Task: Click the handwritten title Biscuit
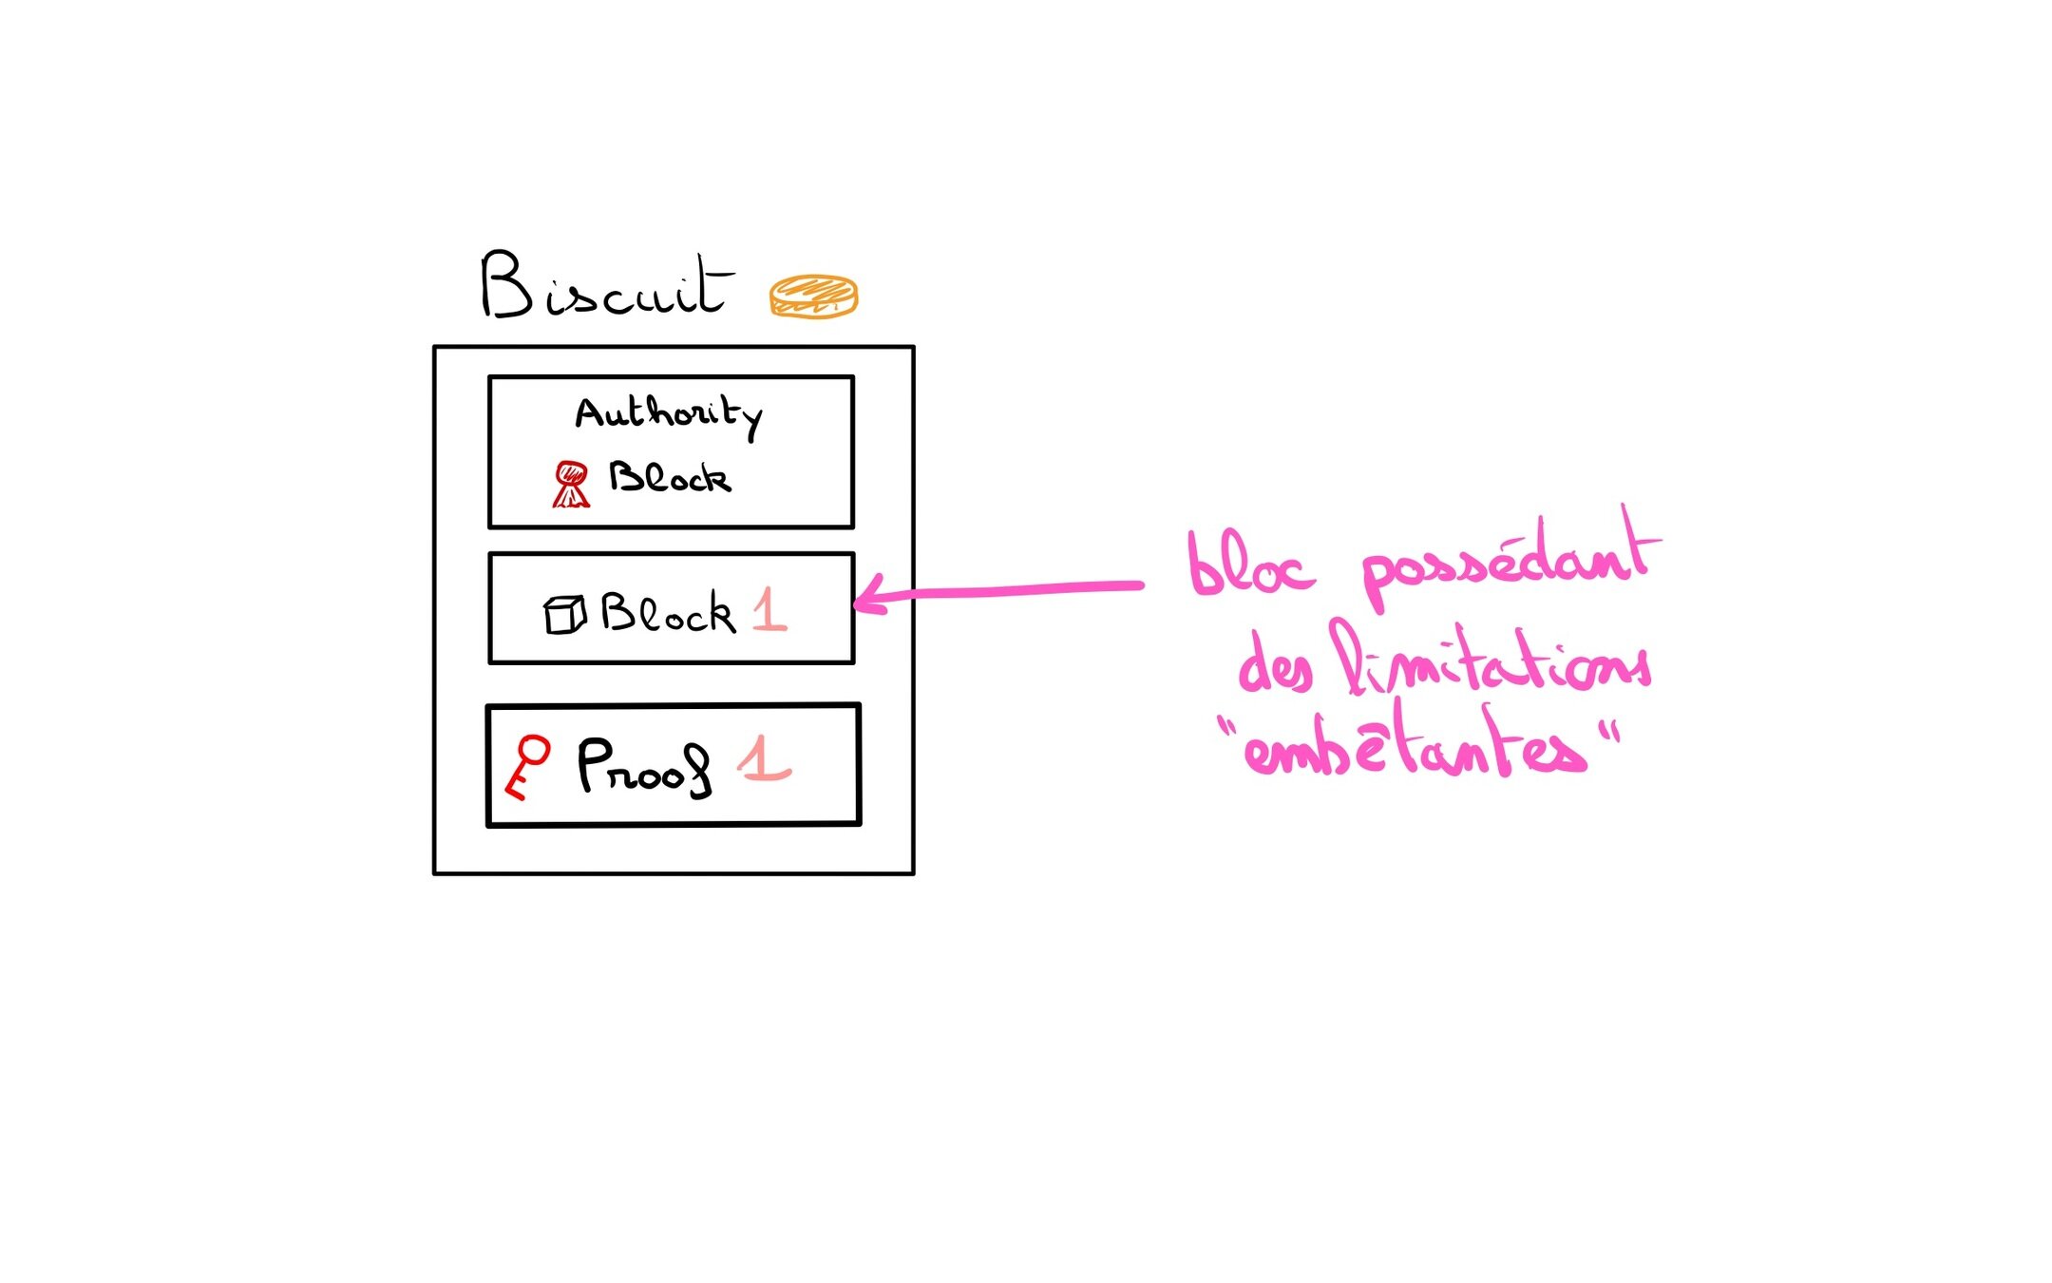[606, 286]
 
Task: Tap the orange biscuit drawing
[813, 296]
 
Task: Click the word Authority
[668, 415]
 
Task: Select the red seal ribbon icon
[570, 484]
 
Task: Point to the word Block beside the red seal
[670, 477]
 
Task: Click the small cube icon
[563, 614]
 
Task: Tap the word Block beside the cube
[668, 613]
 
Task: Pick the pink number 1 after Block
[769, 610]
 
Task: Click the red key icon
[527, 766]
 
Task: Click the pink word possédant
[1510, 561]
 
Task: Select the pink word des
[1274, 663]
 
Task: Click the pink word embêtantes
[1415, 749]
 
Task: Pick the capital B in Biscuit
[505, 284]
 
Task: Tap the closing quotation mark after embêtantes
[1607, 733]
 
